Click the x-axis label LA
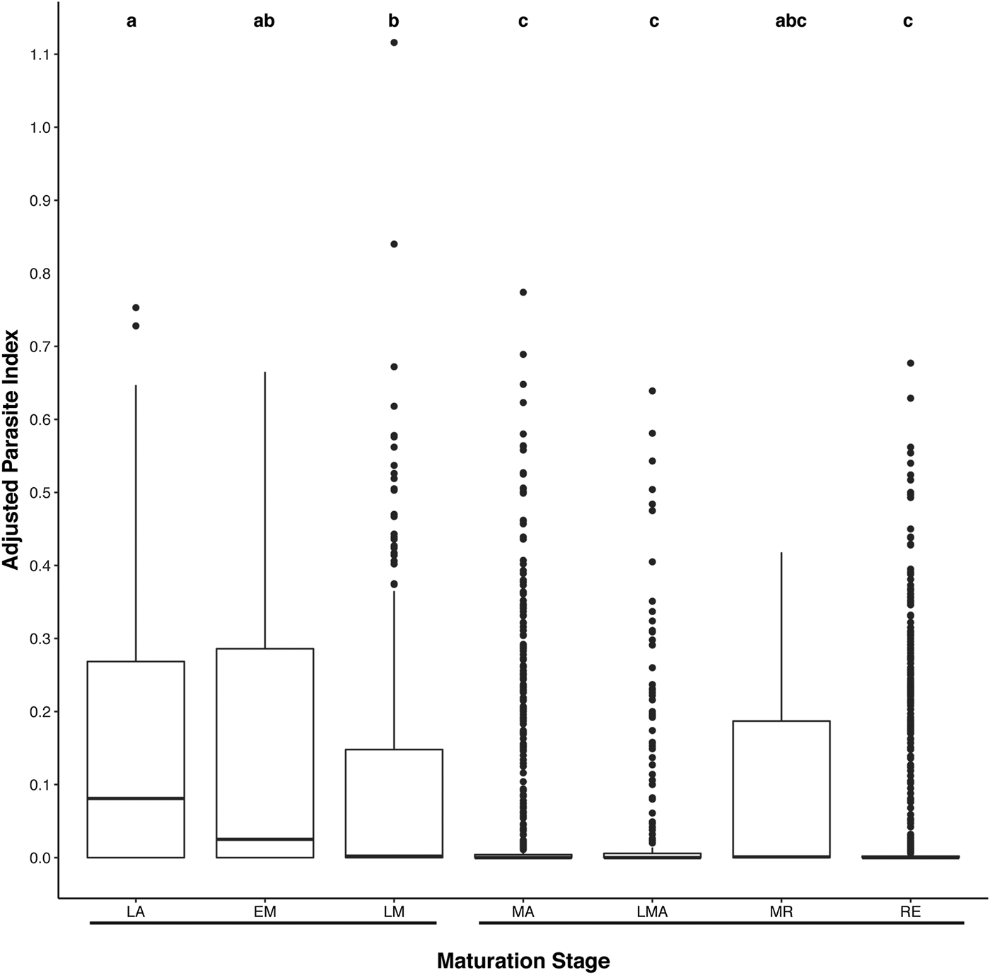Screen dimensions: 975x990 point(136,912)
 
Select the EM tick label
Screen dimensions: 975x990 point(264,912)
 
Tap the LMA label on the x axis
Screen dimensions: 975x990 point(652,912)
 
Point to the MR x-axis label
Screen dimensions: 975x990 point(781,912)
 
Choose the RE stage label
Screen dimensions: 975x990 point(910,912)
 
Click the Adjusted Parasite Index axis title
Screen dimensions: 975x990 point(12,450)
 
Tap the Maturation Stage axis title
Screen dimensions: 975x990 point(523,961)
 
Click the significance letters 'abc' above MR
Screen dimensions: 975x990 point(791,21)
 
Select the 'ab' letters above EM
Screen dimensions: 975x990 point(264,21)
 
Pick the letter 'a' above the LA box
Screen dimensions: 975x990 point(132,21)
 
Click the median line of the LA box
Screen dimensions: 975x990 point(136,798)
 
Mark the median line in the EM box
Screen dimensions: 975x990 point(264,839)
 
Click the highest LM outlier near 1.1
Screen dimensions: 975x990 point(394,42)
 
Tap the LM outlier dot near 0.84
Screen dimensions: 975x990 point(394,244)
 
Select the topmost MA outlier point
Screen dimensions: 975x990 point(523,292)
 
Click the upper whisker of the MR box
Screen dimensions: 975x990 point(781,636)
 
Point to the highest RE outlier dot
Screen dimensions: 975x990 point(911,363)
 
